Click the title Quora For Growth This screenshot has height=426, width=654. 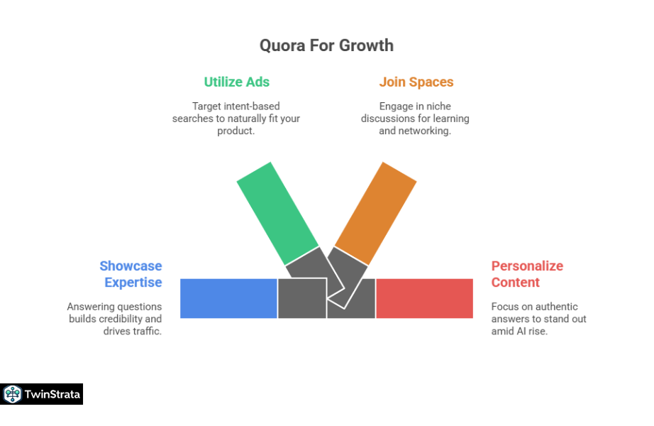point(326,45)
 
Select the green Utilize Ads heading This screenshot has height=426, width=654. point(236,82)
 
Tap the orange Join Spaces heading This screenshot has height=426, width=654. point(416,82)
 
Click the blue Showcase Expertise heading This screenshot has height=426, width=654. point(131,274)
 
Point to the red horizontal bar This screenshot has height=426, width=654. point(424,298)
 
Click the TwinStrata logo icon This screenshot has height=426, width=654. point(12,394)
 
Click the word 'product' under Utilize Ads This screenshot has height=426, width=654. point(235,131)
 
